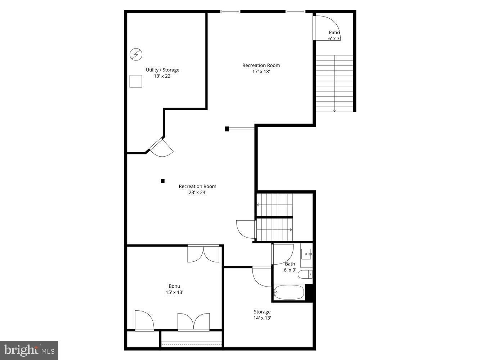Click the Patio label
(x=334, y=32)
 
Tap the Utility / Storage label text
(x=162, y=70)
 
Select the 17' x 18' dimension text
(x=261, y=72)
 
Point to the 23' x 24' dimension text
(x=197, y=193)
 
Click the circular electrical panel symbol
(x=136, y=54)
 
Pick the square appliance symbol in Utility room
(x=136, y=81)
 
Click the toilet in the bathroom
(x=305, y=274)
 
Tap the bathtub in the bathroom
(x=289, y=292)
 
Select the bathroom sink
(x=306, y=254)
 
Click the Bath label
(x=290, y=264)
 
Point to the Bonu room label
(x=174, y=286)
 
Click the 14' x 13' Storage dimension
(x=262, y=318)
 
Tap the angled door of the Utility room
(x=161, y=148)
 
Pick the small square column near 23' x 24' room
(x=163, y=181)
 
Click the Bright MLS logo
(x=29, y=350)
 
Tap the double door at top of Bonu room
(x=203, y=254)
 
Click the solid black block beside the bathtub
(x=309, y=292)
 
